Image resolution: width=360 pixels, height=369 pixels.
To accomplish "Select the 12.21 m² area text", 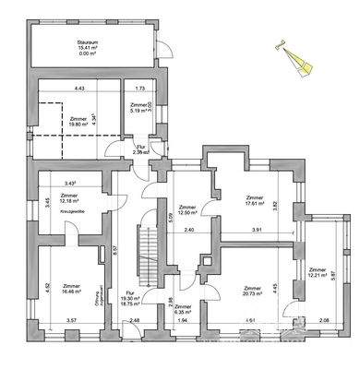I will [306, 277].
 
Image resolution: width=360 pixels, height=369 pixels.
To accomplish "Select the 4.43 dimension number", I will [79, 89].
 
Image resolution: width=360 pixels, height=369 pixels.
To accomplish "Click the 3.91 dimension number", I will [258, 229].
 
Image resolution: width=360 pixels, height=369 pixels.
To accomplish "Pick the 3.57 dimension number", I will [71, 321].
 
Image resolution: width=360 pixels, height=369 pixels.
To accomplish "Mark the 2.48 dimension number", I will [135, 321].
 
